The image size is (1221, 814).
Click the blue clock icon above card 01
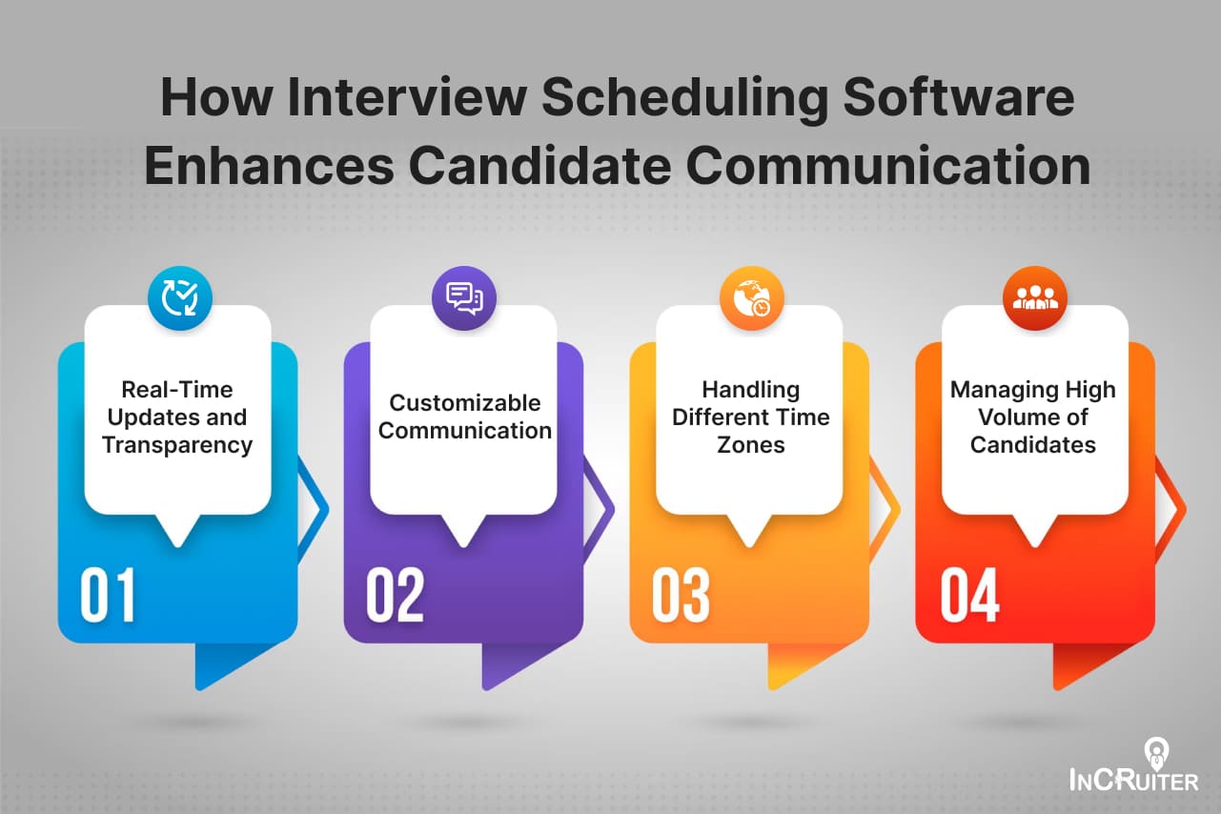pyautogui.click(x=179, y=297)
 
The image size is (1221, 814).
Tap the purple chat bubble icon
pyautogui.click(x=464, y=297)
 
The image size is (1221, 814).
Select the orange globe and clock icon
pyautogui.click(x=751, y=297)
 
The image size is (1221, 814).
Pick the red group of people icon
pyautogui.click(x=1035, y=297)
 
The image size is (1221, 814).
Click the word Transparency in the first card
pyautogui.click(x=177, y=444)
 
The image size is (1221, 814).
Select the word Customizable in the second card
pyautogui.click(x=464, y=402)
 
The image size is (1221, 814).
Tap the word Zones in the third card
pyautogui.click(x=750, y=444)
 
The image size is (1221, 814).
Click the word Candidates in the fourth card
pyautogui.click(x=1033, y=444)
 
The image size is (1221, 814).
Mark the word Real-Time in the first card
pyautogui.click(x=177, y=389)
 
